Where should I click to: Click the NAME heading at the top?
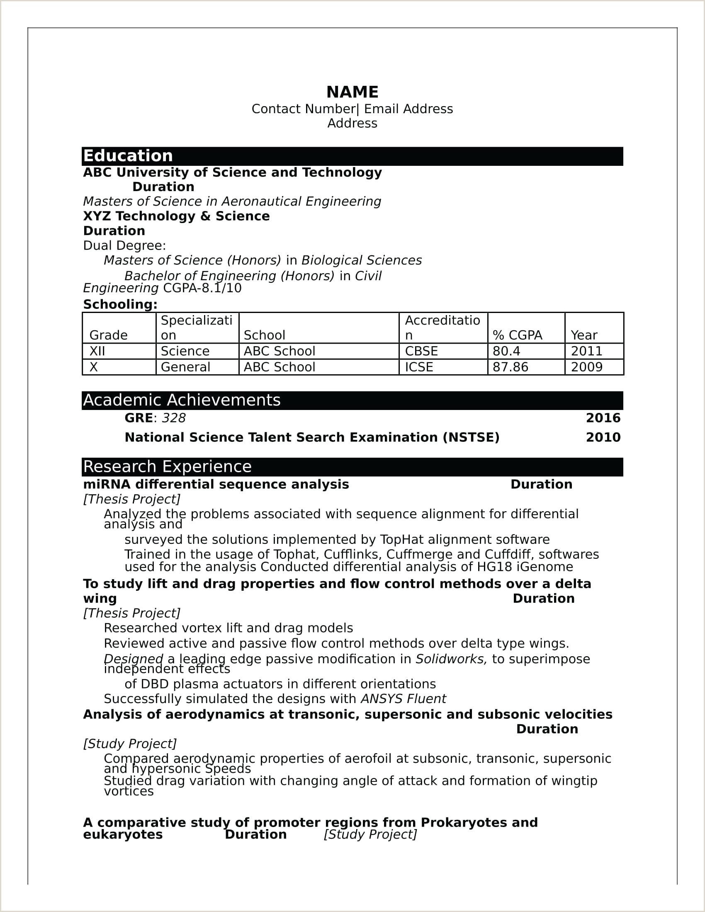[x=352, y=92]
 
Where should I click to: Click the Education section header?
[x=128, y=156]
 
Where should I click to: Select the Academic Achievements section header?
[x=182, y=400]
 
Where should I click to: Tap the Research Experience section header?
[x=167, y=467]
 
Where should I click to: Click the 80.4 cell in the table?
[x=506, y=351]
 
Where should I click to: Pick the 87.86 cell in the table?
[x=511, y=367]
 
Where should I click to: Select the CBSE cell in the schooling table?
[x=421, y=351]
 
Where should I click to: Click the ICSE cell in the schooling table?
[x=419, y=367]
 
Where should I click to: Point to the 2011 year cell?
[x=586, y=351]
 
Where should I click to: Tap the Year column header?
[x=584, y=335]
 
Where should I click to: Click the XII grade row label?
[x=97, y=351]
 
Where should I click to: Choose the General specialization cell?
[x=185, y=367]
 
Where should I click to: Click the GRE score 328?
[x=174, y=418]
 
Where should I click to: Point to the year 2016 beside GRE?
[x=603, y=418]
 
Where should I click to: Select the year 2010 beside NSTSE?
[x=603, y=437]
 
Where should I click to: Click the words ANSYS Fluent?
[x=403, y=699]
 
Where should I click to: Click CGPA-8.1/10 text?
[x=202, y=288]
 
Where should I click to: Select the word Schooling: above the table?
[x=120, y=304]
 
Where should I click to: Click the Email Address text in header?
[x=408, y=109]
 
